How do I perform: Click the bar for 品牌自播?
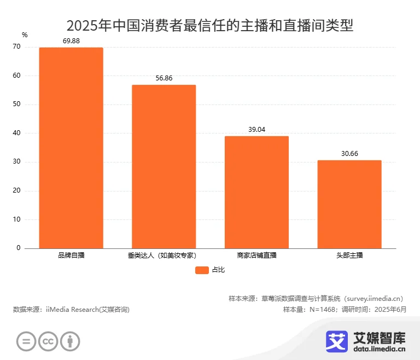click(x=71, y=148)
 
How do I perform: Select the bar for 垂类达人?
click(x=164, y=166)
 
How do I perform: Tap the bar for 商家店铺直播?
click(x=256, y=192)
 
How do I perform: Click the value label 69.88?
click(x=71, y=41)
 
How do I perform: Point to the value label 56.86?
click(x=164, y=78)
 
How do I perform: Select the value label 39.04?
click(x=256, y=130)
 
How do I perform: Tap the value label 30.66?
click(x=349, y=154)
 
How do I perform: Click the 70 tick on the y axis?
click(x=16, y=47)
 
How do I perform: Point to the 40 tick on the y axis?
click(x=16, y=133)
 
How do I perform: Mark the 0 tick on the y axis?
click(x=18, y=248)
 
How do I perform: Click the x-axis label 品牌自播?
click(x=71, y=256)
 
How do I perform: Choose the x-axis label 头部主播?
click(x=349, y=256)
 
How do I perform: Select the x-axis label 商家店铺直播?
click(x=256, y=256)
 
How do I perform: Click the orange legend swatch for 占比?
click(x=202, y=270)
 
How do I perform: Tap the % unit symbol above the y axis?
click(x=24, y=35)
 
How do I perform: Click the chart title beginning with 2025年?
click(x=210, y=25)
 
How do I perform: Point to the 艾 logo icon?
click(x=337, y=340)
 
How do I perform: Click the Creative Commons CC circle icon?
click(x=48, y=341)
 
